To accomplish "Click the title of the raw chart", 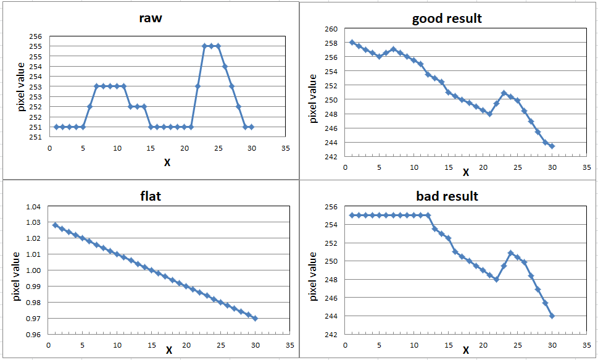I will pyautogui.click(x=151, y=17).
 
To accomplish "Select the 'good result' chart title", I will pyautogui.click(x=447, y=19).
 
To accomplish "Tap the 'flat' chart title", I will pyautogui.click(x=151, y=197).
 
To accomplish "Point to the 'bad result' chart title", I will pyautogui.click(x=447, y=196).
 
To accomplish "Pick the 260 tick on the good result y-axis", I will pyautogui.click(x=331, y=29).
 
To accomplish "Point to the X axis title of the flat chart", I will pyautogui.click(x=168, y=350).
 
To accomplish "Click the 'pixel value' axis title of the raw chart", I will pyautogui.click(x=22, y=86).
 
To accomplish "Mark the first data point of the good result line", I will pyautogui.click(x=352, y=43).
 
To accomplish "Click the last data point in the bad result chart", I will pyautogui.click(x=552, y=316).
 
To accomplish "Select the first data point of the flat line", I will pyautogui.click(x=56, y=225).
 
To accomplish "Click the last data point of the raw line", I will pyautogui.click(x=252, y=127).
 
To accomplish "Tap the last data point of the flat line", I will pyautogui.click(x=255, y=319).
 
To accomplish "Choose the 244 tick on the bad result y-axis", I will pyautogui.click(x=331, y=316).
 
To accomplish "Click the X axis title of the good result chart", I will pyautogui.click(x=465, y=172).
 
